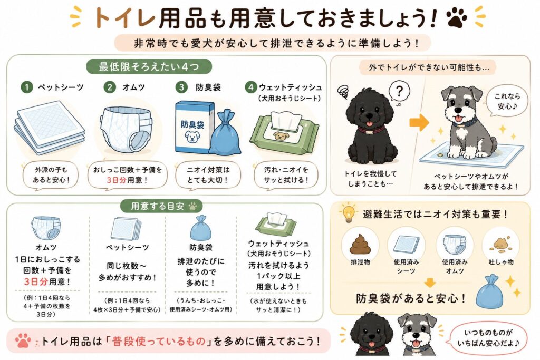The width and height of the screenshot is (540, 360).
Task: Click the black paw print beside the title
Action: click(x=457, y=17)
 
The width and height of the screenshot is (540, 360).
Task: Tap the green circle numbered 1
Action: click(x=26, y=87)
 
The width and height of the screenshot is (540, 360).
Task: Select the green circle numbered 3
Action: click(x=181, y=87)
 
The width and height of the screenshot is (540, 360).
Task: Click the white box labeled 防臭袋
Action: click(x=192, y=127)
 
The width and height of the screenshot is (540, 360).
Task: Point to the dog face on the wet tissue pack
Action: click(x=281, y=136)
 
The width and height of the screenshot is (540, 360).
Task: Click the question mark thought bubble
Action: click(x=399, y=92)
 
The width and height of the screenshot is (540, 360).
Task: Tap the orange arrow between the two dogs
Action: click(x=419, y=122)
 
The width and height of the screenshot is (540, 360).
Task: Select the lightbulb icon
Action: click(x=348, y=213)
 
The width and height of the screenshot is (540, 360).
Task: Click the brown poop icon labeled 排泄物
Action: click(x=360, y=244)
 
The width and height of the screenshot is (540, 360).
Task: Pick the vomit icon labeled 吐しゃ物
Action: click(x=502, y=244)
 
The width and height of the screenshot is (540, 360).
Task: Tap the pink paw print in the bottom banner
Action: click(x=23, y=340)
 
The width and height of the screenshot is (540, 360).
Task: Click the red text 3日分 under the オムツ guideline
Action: click(x=35, y=282)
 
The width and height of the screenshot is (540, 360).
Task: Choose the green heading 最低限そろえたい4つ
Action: click(x=149, y=66)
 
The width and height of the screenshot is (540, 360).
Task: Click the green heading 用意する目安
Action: click(x=161, y=206)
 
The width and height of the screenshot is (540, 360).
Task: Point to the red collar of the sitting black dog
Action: click(x=371, y=130)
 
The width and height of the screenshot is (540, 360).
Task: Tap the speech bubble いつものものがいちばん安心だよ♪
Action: click(x=488, y=338)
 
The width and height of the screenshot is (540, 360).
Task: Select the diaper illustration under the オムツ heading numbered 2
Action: click(x=126, y=129)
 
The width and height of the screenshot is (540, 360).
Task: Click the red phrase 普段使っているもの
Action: click(x=159, y=341)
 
